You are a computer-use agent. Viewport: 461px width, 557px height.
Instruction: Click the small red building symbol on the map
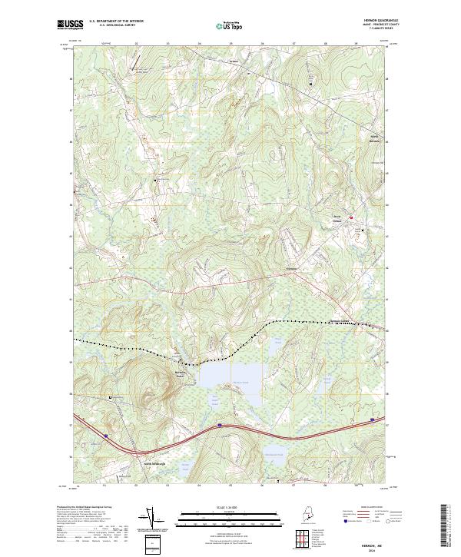pyautogui.click(x=353, y=219)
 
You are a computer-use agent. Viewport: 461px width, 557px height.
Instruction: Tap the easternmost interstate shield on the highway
pyautogui.click(x=373, y=419)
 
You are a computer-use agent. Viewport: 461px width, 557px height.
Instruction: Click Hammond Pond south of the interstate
pyautogui.click(x=274, y=452)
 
